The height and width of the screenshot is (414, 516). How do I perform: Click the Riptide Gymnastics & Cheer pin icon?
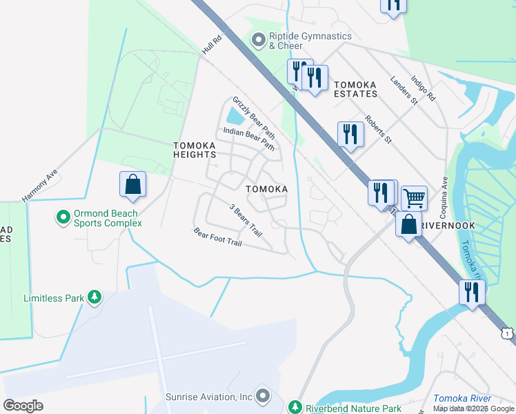(259, 41)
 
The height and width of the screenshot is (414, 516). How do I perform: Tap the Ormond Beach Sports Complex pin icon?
(63, 218)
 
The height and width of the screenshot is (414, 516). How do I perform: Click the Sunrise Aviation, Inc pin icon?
(262, 396)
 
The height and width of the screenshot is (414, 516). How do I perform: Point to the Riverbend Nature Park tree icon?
(296, 407)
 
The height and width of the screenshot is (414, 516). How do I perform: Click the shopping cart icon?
(414, 199)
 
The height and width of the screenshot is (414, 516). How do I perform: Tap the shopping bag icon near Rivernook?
(409, 224)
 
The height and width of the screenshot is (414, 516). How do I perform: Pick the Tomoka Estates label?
(355, 88)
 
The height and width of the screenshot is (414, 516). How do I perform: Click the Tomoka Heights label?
(195, 150)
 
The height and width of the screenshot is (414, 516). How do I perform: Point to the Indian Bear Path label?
(249, 139)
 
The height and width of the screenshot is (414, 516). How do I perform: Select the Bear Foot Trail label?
(217, 238)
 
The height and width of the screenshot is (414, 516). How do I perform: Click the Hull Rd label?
(212, 45)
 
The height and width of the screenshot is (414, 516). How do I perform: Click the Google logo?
(23, 405)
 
